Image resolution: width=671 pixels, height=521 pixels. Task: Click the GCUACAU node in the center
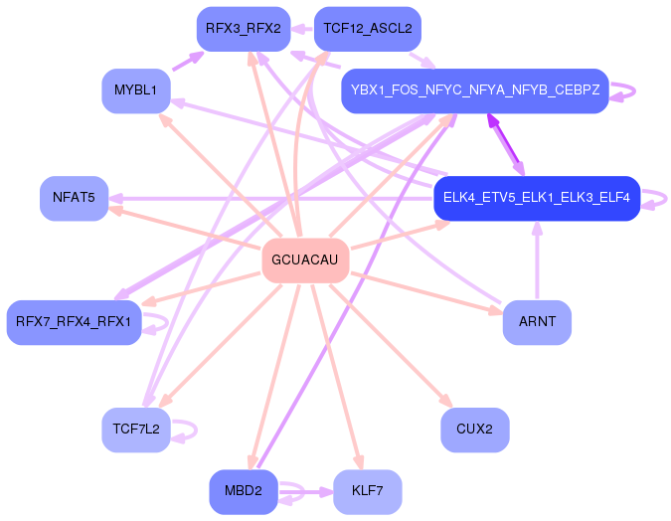[304, 260]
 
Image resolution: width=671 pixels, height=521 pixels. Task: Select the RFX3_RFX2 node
[243, 29]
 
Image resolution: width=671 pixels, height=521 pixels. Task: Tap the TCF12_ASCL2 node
[367, 29]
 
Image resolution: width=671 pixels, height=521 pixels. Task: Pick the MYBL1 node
[135, 90]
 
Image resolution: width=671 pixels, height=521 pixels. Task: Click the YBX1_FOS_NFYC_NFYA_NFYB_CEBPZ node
[474, 90]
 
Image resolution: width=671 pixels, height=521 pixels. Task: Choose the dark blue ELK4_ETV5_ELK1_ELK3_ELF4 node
[536, 198]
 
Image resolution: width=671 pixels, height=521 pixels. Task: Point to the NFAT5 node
[74, 198]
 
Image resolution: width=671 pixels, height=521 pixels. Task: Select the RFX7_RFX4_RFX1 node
[74, 322]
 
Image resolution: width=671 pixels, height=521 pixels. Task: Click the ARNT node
[537, 322]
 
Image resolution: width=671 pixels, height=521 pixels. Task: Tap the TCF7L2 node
[135, 430]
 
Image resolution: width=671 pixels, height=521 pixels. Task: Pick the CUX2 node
[474, 430]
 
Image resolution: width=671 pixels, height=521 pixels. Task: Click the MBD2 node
[243, 491]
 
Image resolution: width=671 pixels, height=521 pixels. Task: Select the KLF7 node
[367, 491]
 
